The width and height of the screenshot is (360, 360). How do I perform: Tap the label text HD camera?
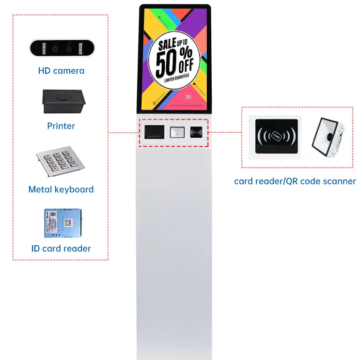pyautogui.click(x=61, y=71)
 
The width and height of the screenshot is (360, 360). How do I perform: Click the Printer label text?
pyautogui.click(x=61, y=126)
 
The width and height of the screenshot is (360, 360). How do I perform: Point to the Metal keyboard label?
pyautogui.click(x=61, y=189)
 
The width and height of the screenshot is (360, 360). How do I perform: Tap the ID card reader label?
pyautogui.click(x=61, y=249)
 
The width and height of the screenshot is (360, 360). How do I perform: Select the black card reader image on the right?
pyautogui.click(x=275, y=137)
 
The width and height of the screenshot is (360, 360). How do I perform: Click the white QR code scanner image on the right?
pyautogui.click(x=329, y=136)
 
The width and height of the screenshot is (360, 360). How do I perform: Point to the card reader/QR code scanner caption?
pyautogui.click(x=295, y=182)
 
